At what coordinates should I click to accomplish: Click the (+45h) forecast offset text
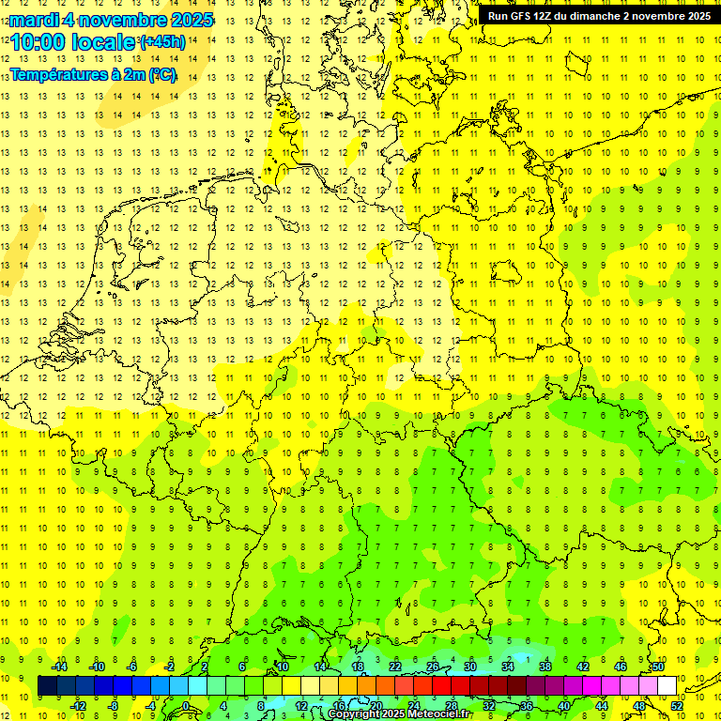(161, 42)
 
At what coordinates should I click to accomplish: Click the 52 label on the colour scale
(677, 705)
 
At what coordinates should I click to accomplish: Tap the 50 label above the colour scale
(658, 667)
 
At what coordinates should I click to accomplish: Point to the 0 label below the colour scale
(187, 705)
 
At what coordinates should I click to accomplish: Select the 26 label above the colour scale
(433, 667)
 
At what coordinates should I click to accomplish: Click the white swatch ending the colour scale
(667, 685)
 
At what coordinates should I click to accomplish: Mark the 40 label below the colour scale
(564, 705)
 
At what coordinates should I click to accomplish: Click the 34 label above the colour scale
(508, 667)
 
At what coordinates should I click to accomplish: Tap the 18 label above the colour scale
(358, 667)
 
